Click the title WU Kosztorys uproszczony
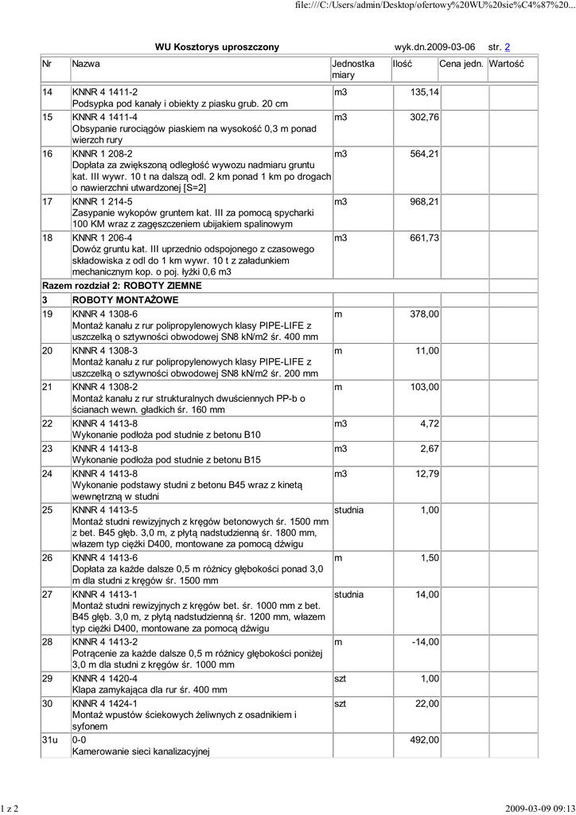pyautogui.click(x=216, y=48)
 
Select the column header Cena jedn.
pyautogui.click(x=461, y=63)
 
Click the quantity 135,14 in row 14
pyautogui.click(x=424, y=93)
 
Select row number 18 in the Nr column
pyautogui.click(x=47, y=238)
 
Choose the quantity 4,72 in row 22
pyautogui.click(x=430, y=424)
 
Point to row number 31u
pyautogui.click(x=49, y=740)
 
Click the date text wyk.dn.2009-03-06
pyautogui.click(x=434, y=48)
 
